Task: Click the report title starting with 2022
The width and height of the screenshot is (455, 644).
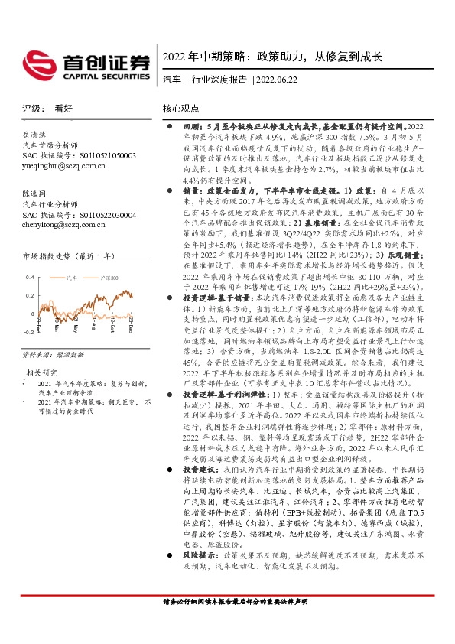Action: [x=272, y=57]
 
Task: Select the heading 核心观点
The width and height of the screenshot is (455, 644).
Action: [x=181, y=109]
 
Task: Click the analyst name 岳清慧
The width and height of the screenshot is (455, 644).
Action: [x=35, y=132]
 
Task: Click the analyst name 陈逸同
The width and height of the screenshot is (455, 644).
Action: [x=35, y=194]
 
